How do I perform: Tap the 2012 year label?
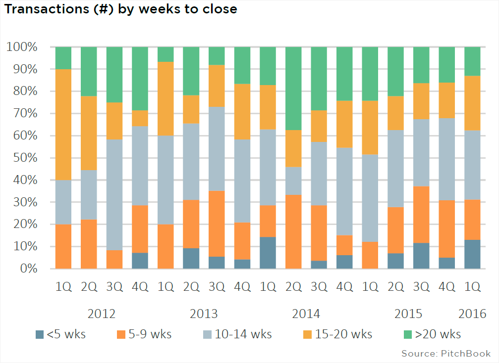click(x=102, y=314)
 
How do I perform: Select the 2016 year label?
click(x=472, y=314)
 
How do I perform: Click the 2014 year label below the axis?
click(x=306, y=314)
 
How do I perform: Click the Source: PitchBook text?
click(x=446, y=353)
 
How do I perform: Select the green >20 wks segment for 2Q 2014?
click(x=293, y=89)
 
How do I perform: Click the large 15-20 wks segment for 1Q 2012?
click(x=63, y=125)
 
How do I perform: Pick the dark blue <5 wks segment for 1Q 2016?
click(x=472, y=254)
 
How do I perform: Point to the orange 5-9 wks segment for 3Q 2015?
click(x=421, y=215)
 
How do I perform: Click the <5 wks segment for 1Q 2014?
click(x=268, y=253)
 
